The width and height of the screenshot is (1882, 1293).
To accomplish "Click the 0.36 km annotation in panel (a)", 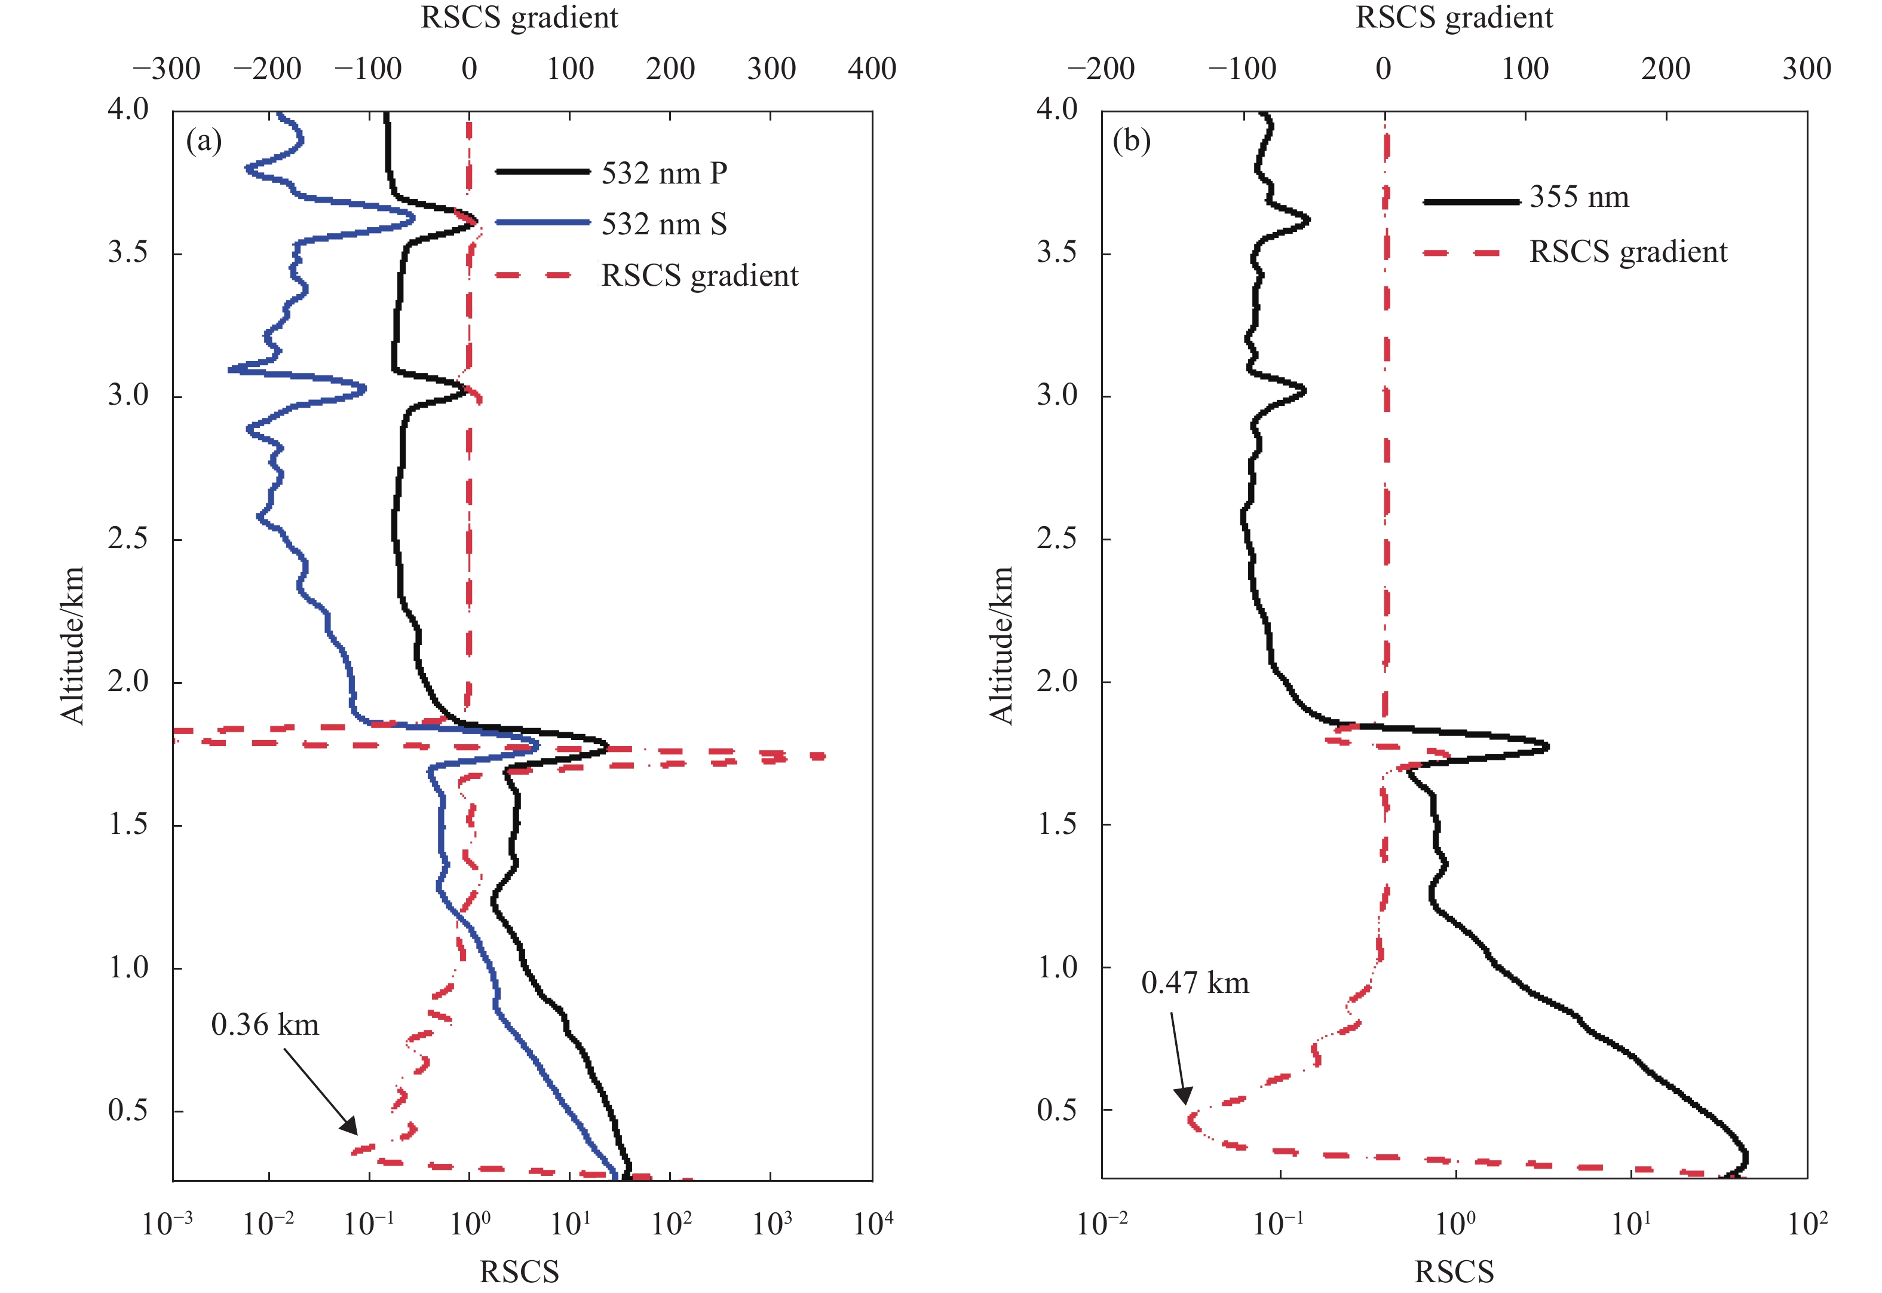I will point(265,1025).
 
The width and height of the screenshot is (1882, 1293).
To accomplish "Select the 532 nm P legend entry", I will point(663,173).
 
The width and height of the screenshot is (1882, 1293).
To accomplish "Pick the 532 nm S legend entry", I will point(663,224).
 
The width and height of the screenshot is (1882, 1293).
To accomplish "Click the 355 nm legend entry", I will point(1578,197).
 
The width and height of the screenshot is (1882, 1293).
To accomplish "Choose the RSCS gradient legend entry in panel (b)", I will point(1627,252).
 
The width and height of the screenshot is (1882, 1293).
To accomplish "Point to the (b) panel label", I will point(1132,141).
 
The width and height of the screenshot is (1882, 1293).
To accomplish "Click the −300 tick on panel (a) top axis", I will point(167,69).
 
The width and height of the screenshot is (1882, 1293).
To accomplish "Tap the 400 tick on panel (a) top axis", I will point(871,69).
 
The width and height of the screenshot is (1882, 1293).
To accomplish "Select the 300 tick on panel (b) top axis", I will point(1806,69).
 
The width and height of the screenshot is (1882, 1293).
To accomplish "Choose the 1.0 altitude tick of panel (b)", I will point(1058,967).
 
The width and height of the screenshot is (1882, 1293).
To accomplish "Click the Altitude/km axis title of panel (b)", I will point(1002,645).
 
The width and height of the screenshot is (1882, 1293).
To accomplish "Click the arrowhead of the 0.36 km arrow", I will point(353,1130).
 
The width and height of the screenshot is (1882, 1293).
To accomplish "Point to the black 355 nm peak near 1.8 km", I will point(1545,746).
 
